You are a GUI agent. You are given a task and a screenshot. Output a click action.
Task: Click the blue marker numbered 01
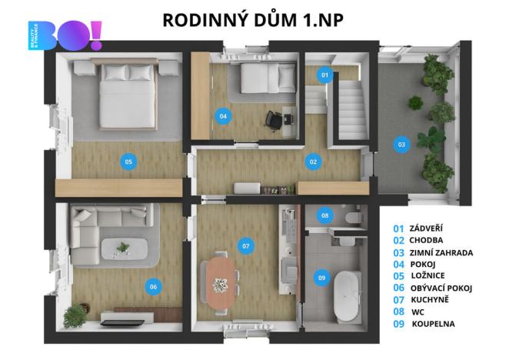[x=324, y=75]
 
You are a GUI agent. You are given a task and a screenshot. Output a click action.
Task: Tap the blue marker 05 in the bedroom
[x=128, y=161]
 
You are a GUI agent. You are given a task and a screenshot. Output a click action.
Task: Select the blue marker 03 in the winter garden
[x=401, y=143]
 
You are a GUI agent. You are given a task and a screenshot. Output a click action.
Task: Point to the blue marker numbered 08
[x=325, y=215]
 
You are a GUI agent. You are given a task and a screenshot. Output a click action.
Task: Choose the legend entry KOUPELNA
[x=433, y=324]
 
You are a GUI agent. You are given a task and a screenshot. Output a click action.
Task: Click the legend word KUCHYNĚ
[x=431, y=300]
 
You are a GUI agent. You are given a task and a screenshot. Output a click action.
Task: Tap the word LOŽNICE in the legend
[x=427, y=275]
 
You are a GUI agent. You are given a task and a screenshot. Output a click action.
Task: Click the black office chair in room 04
[x=274, y=121]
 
